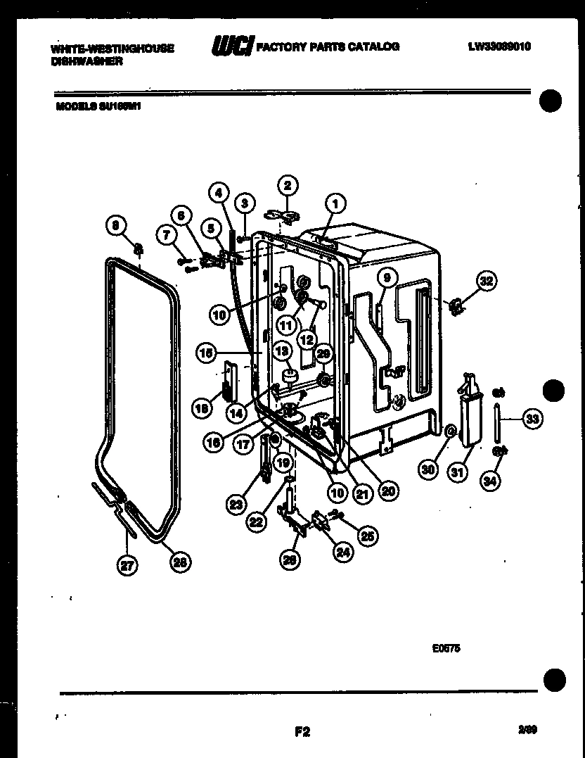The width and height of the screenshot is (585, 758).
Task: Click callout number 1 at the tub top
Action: (335, 204)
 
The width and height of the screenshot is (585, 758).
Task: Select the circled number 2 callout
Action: (286, 186)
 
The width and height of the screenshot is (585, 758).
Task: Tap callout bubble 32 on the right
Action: (486, 281)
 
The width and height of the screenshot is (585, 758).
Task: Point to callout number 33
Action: (532, 419)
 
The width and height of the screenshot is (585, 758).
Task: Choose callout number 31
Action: (458, 472)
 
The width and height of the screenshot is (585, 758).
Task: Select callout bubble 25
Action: (366, 536)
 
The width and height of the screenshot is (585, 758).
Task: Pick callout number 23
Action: (236, 503)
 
